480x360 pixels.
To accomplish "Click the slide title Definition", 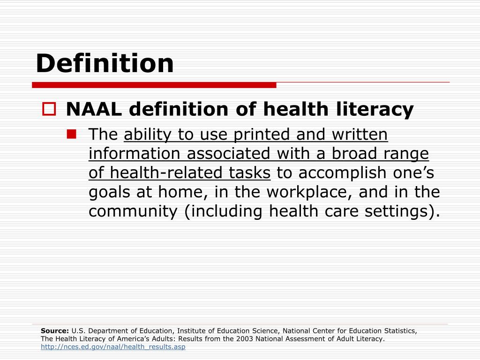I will click(105, 63).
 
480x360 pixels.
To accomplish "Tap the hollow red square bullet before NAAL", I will click(49, 110).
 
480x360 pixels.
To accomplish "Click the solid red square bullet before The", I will click(72, 135).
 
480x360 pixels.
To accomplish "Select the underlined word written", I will click(360, 135).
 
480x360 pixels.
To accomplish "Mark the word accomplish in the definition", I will click(342, 173).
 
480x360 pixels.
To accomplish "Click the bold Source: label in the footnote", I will click(55, 331).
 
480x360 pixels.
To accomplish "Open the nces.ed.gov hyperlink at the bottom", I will click(113, 347).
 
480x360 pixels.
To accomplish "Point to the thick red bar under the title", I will click(154, 85).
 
